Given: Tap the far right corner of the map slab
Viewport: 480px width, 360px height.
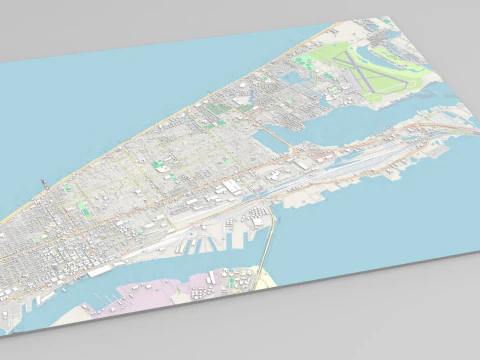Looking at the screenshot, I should [470, 252].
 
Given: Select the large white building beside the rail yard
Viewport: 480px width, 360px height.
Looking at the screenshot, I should [233, 186].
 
